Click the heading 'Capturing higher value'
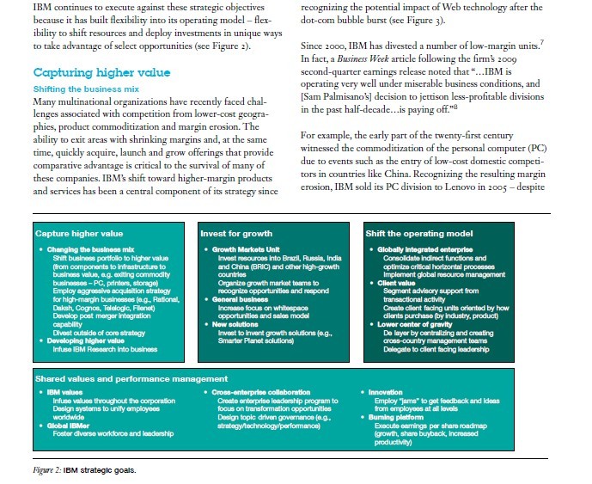101,72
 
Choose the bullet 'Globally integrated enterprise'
418,248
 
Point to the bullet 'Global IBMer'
68,424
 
